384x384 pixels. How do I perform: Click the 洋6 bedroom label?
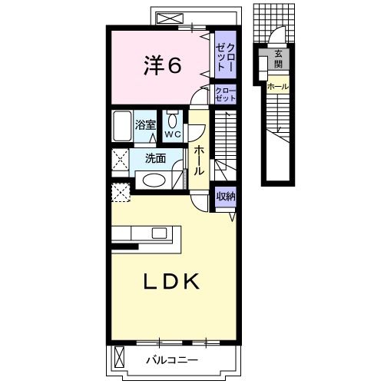point(163,65)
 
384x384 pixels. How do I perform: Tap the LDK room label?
point(172,281)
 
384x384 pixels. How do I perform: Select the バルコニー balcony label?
point(172,360)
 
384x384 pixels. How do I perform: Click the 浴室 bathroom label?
point(145,125)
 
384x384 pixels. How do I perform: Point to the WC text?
point(173,134)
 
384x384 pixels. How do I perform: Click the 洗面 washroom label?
point(155,158)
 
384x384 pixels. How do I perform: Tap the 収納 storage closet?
point(226,197)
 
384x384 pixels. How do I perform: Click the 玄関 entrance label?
point(279,59)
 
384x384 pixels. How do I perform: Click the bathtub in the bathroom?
point(122,126)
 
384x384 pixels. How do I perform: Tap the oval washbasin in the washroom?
point(153,180)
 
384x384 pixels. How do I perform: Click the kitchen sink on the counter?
point(159,233)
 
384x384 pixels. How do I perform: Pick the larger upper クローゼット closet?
point(225,55)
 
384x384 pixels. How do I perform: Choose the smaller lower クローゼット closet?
point(225,94)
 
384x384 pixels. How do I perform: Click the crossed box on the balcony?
point(119,357)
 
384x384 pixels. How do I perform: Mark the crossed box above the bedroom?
point(170,19)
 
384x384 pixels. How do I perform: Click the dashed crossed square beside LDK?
point(121,192)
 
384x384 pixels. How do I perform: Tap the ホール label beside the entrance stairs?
point(278,87)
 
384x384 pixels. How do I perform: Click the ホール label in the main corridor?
point(199,161)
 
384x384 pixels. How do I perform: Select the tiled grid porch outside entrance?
point(274,23)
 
